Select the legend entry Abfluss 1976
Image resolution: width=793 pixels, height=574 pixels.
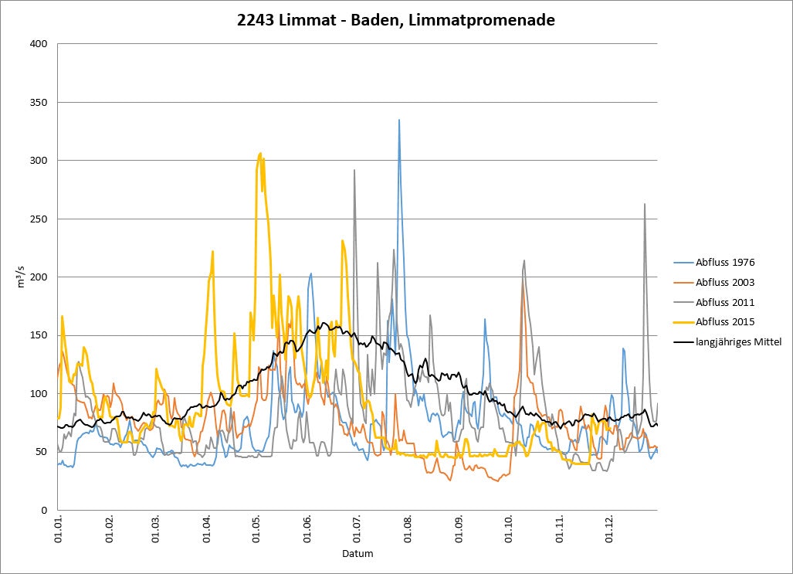point(724,263)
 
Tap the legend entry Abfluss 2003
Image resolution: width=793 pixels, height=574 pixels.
point(724,283)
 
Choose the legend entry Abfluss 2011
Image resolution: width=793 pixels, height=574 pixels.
point(724,302)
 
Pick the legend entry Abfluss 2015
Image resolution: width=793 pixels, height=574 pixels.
point(724,322)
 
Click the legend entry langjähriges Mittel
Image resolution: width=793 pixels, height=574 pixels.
point(738,341)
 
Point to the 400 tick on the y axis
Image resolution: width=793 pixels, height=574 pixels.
point(38,44)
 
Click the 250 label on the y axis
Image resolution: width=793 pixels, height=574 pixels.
point(38,219)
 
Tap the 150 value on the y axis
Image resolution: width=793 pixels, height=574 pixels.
point(38,335)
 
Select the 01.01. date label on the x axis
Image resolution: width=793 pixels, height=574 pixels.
point(58,528)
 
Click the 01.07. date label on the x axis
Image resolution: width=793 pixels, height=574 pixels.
point(358,528)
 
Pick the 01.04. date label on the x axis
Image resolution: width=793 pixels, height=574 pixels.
point(208,528)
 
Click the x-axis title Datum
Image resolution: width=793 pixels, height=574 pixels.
point(357,554)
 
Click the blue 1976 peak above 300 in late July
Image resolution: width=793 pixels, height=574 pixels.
point(399,121)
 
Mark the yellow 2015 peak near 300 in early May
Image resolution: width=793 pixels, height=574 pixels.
point(260,154)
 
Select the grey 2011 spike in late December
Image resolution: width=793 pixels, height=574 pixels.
point(645,205)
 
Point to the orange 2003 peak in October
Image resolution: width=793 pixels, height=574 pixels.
point(523,284)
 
